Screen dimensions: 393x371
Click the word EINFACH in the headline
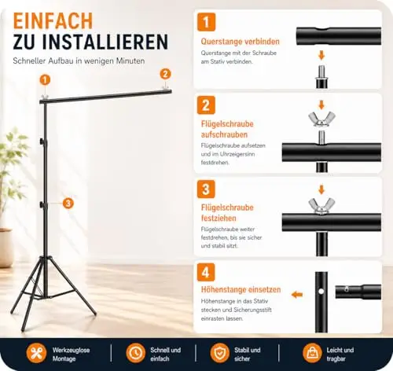click(53, 20)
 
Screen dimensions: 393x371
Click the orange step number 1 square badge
click(206, 22)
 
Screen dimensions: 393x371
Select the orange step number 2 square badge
click(206, 105)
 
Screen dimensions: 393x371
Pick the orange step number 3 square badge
click(206, 189)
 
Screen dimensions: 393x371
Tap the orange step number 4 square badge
click(206, 272)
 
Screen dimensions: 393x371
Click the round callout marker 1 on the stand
click(45, 80)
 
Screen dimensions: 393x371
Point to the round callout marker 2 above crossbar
click(165, 74)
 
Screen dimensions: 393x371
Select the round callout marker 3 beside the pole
click(68, 204)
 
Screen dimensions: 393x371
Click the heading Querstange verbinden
click(241, 42)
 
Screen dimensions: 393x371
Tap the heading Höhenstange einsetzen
click(241, 289)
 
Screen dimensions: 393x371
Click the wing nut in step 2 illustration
click(321, 119)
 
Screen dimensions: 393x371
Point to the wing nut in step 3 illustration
click(321, 206)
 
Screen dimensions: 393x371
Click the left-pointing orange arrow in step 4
click(297, 295)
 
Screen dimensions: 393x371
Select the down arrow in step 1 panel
click(321, 56)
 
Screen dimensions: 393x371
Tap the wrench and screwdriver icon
click(36, 353)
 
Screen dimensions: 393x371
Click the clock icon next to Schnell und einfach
click(135, 353)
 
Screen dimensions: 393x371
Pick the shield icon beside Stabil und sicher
click(220, 353)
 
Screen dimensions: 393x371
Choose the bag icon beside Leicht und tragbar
click(312, 353)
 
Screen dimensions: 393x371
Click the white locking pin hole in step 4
click(321, 291)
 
